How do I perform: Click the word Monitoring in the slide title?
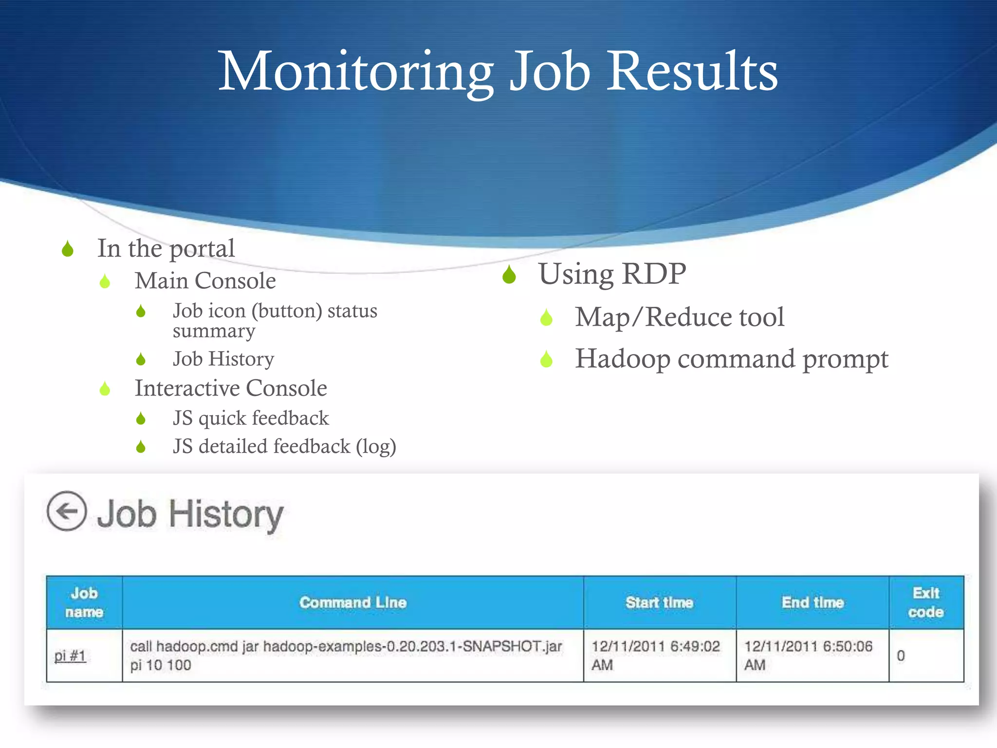355,72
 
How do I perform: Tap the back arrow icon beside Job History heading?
67,511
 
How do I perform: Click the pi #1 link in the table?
70,656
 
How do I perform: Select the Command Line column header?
352,602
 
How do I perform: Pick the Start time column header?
659,602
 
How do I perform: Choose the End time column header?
812,602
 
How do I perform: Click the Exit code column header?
925,602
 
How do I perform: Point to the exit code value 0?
901,656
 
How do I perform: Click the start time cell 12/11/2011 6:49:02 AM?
655,655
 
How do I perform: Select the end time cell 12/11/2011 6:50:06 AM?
808,655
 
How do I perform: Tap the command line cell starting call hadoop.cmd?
346,655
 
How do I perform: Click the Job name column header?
84,602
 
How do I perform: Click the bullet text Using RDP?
612,274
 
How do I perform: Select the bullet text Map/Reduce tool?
680,318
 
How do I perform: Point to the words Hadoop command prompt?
731,359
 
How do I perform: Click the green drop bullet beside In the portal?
68,249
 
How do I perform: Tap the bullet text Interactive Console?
231,389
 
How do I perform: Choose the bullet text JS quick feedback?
251,418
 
